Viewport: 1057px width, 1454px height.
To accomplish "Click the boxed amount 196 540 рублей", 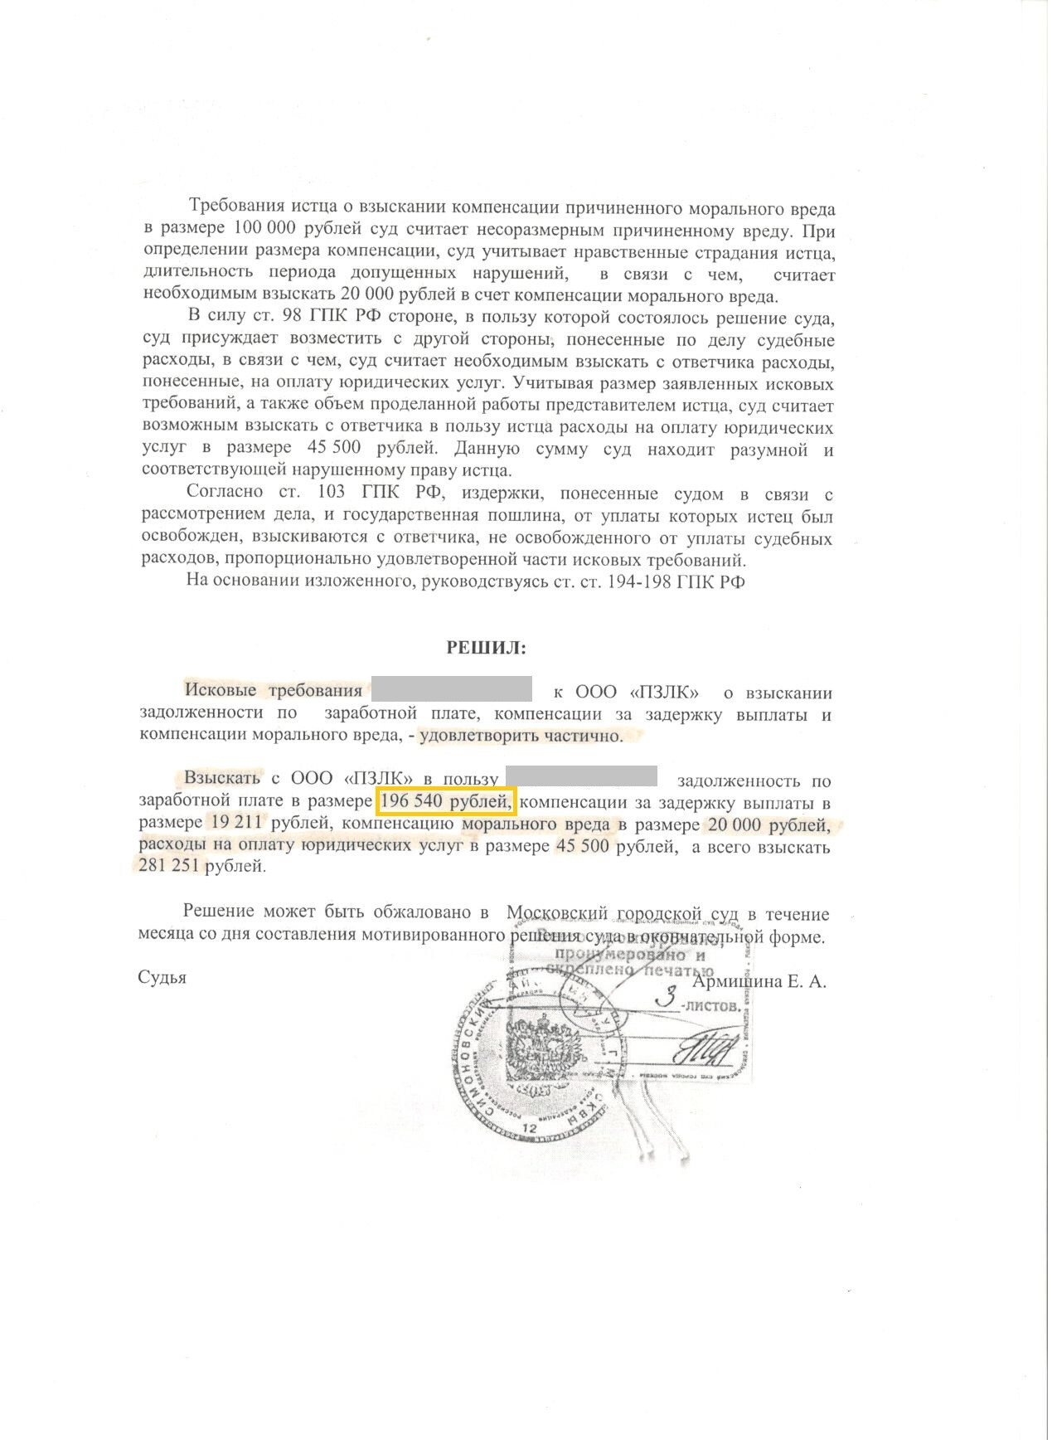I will click(x=447, y=803).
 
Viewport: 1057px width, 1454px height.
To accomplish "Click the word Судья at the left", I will click(x=162, y=978).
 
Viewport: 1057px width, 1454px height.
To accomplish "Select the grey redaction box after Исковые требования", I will click(x=451, y=690).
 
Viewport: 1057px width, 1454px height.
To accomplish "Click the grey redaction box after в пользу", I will click(x=580, y=778).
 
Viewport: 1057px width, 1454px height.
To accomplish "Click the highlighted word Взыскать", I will click(x=222, y=779).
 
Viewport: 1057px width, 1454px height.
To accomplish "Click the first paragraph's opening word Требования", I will click(x=235, y=207).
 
